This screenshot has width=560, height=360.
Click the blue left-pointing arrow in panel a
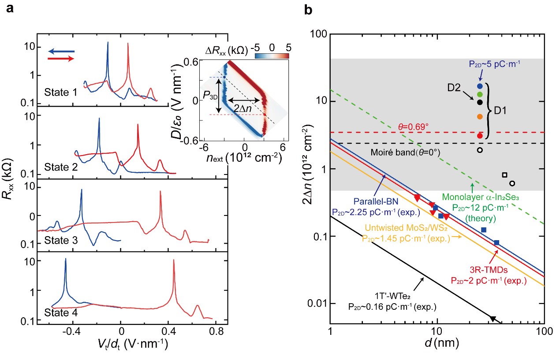coord(61,52)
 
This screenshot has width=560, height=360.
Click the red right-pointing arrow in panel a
coord(61,59)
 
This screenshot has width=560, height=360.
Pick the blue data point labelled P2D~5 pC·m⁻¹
coord(480,86)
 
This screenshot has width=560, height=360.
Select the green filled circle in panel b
coord(480,94)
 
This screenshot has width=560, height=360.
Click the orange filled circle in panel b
coord(480,116)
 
